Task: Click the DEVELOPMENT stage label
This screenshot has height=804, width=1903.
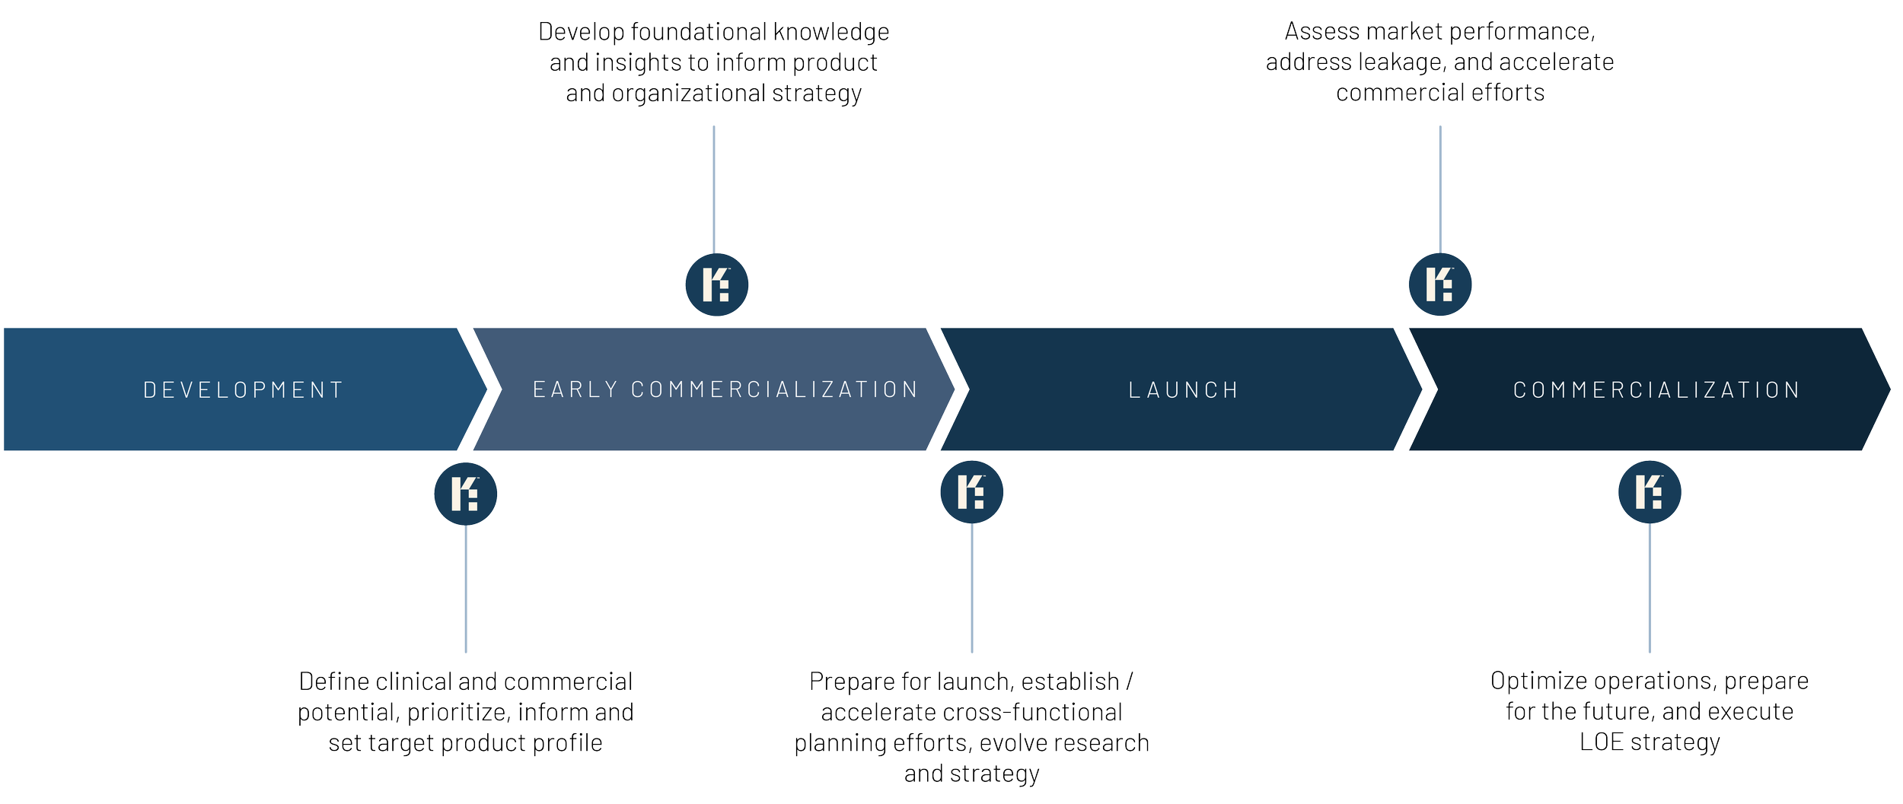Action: [244, 390]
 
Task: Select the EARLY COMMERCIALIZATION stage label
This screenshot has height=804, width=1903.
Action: [725, 389]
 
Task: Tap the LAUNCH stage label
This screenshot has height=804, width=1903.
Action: [1184, 390]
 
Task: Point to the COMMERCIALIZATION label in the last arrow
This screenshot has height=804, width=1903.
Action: [1656, 390]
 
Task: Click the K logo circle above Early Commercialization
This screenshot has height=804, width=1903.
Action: [716, 284]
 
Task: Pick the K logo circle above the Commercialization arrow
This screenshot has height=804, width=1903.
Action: [1439, 284]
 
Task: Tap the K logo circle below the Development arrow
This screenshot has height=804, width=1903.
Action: [465, 494]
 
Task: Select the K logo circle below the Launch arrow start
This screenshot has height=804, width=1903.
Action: [971, 492]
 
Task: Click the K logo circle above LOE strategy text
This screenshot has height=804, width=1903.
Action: [1650, 492]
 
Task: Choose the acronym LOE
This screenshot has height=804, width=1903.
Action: [1601, 742]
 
